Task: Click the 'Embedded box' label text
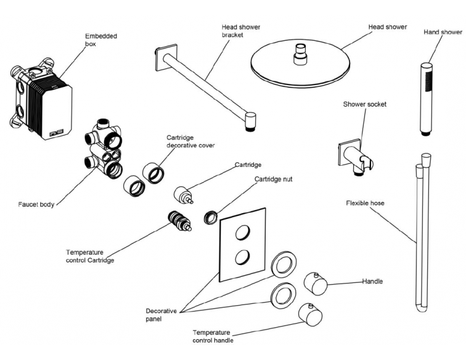click(x=100, y=40)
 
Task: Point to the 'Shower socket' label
click(x=365, y=104)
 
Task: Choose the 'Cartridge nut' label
click(x=273, y=179)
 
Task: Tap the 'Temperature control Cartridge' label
click(x=89, y=256)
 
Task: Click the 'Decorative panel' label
click(x=161, y=316)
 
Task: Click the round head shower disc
click(x=301, y=62)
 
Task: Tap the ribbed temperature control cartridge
click(x=179, y=222)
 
